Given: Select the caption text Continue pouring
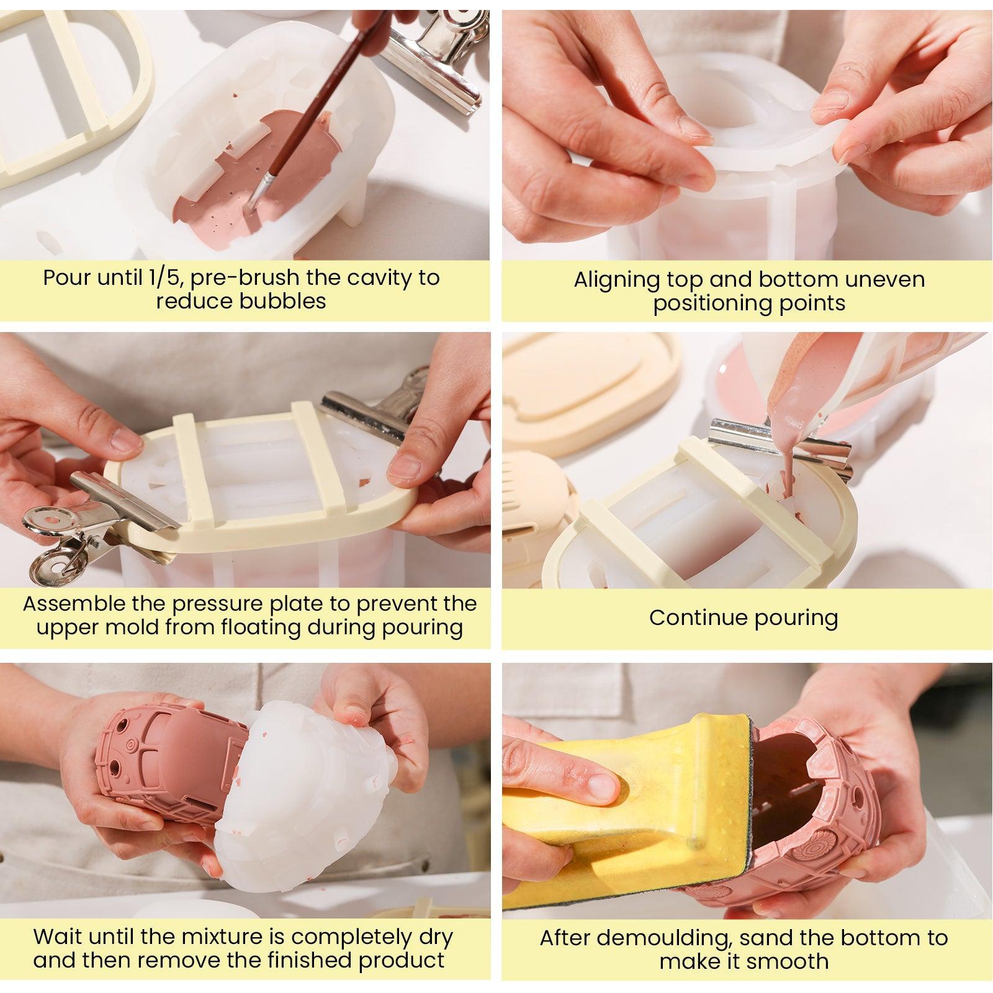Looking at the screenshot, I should (x=744, y=618).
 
